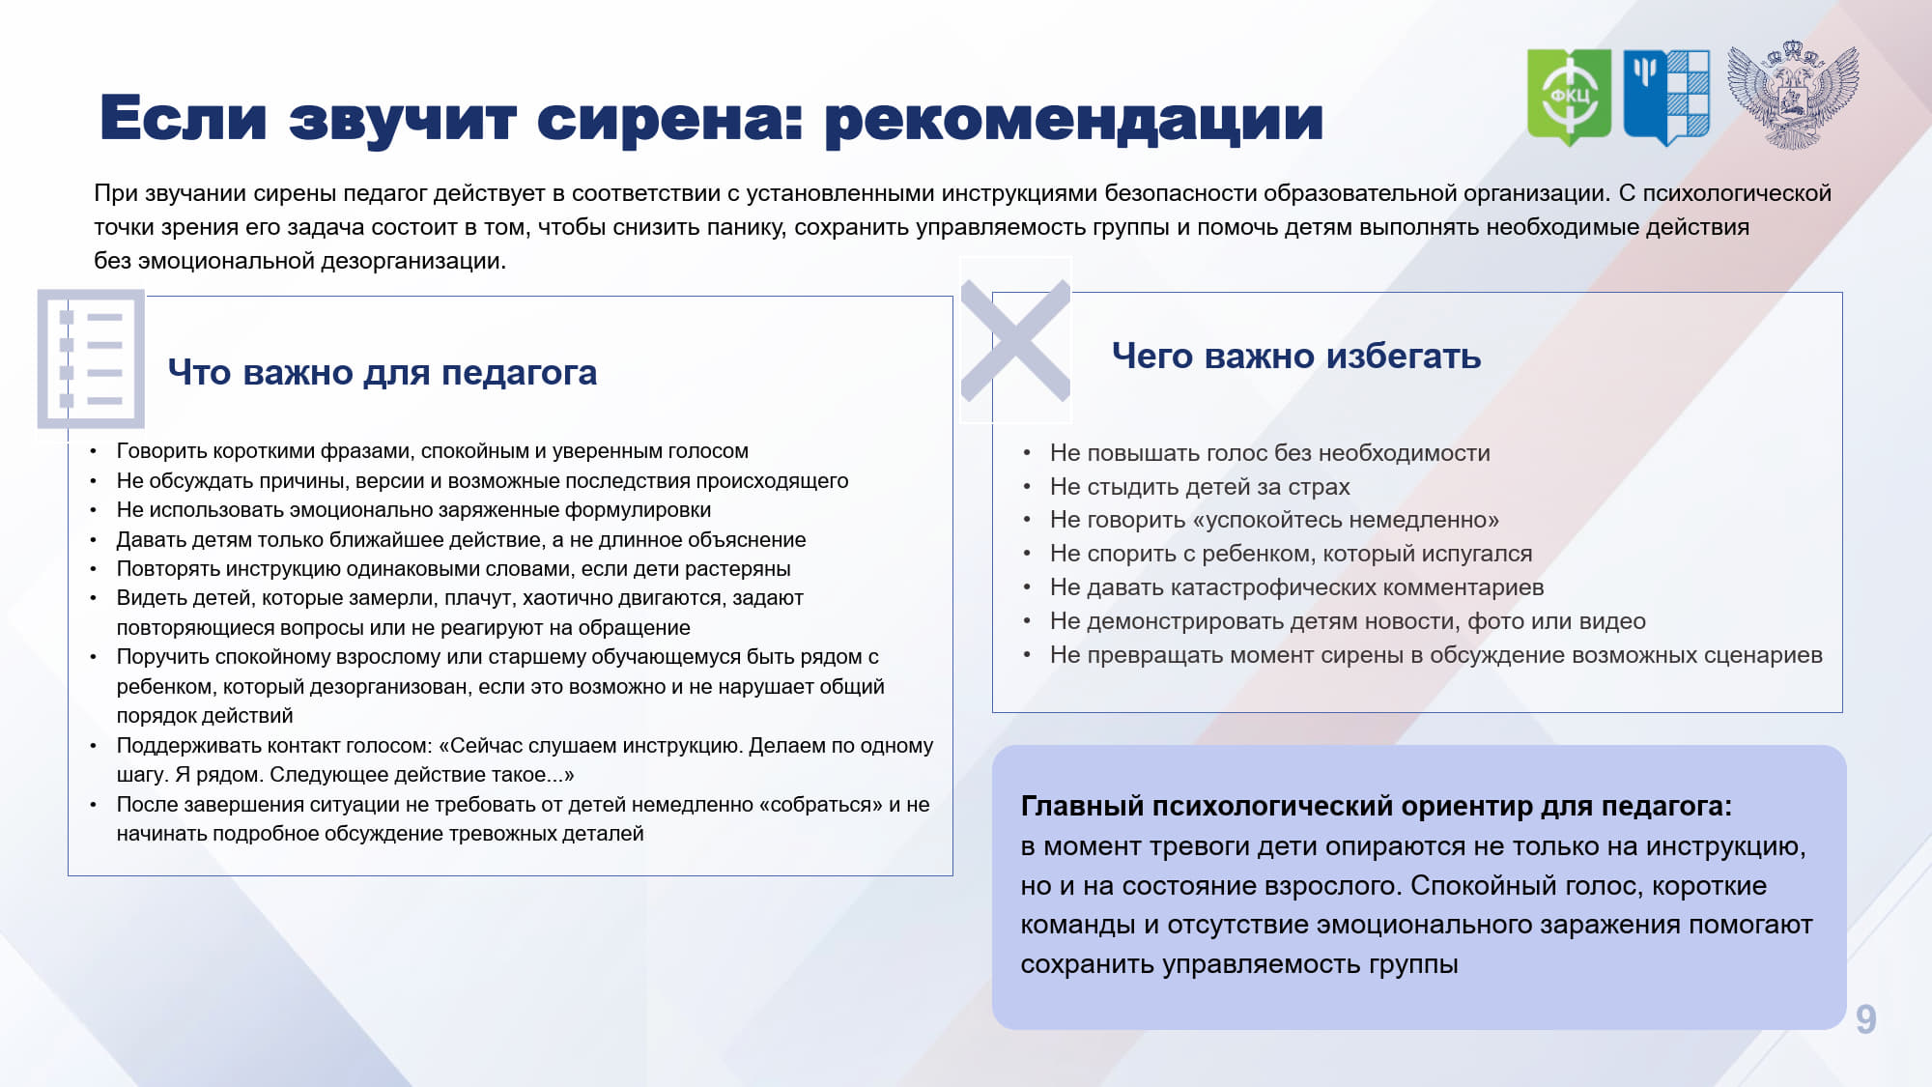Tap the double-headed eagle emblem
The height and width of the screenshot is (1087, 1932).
click(x=1793, y=95)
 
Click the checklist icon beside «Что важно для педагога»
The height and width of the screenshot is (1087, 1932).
click(x=91, y=358)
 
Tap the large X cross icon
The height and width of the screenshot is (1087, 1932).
click(x=1015, y=340)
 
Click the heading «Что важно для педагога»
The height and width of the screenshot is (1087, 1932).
click(x=383, y=372)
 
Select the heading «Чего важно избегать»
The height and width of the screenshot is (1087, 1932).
click(x=1296, y=356)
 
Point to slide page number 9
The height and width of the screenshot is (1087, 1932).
click(x=1865, y=1019)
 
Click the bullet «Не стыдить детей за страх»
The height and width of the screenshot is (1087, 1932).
click(x=1200, y=486)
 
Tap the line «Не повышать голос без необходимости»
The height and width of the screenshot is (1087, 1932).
click(x=1270, y=453)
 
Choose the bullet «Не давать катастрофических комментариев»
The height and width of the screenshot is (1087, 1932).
click(x=1296, y=587)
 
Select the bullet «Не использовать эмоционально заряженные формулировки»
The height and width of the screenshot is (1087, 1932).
click(x=413, y=510)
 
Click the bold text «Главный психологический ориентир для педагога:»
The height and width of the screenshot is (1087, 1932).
click(x=1377, y=806)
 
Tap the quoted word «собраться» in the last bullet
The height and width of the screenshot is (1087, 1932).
click(x=820, y=804)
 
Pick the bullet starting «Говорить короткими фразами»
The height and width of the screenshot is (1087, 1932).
click(x=432, y=451)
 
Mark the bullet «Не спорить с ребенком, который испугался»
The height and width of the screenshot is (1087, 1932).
click(x=1291, y=554)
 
